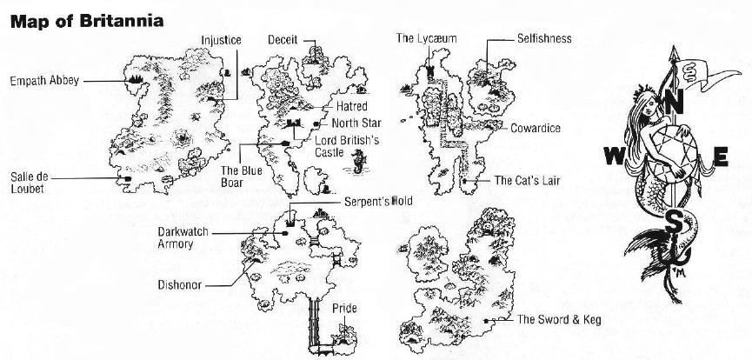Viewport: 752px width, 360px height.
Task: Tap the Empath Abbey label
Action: pos(44,81)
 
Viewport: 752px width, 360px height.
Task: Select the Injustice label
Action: pos(221,40)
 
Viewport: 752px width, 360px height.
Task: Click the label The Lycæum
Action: pos(427,38)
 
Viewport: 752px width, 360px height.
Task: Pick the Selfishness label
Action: pos(543,39)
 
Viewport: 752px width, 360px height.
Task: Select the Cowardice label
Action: pos(535,129)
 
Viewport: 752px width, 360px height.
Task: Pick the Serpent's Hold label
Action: pos(378,201)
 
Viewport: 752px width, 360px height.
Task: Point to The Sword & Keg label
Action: pos(559,320)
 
